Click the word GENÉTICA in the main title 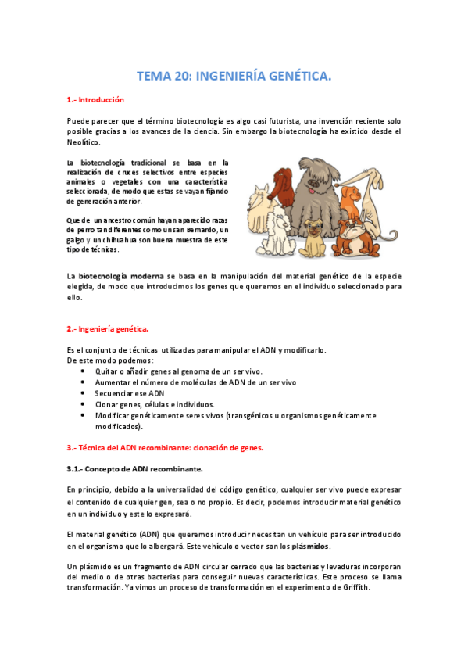click(293, 76)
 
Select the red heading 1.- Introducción click(95, 101)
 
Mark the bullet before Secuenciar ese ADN click(84, 393)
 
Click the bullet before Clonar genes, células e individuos click(84, 404)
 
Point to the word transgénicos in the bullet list click(253, 416)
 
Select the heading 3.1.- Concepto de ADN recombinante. click(134, 468)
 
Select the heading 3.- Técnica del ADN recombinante click(165, 448)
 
